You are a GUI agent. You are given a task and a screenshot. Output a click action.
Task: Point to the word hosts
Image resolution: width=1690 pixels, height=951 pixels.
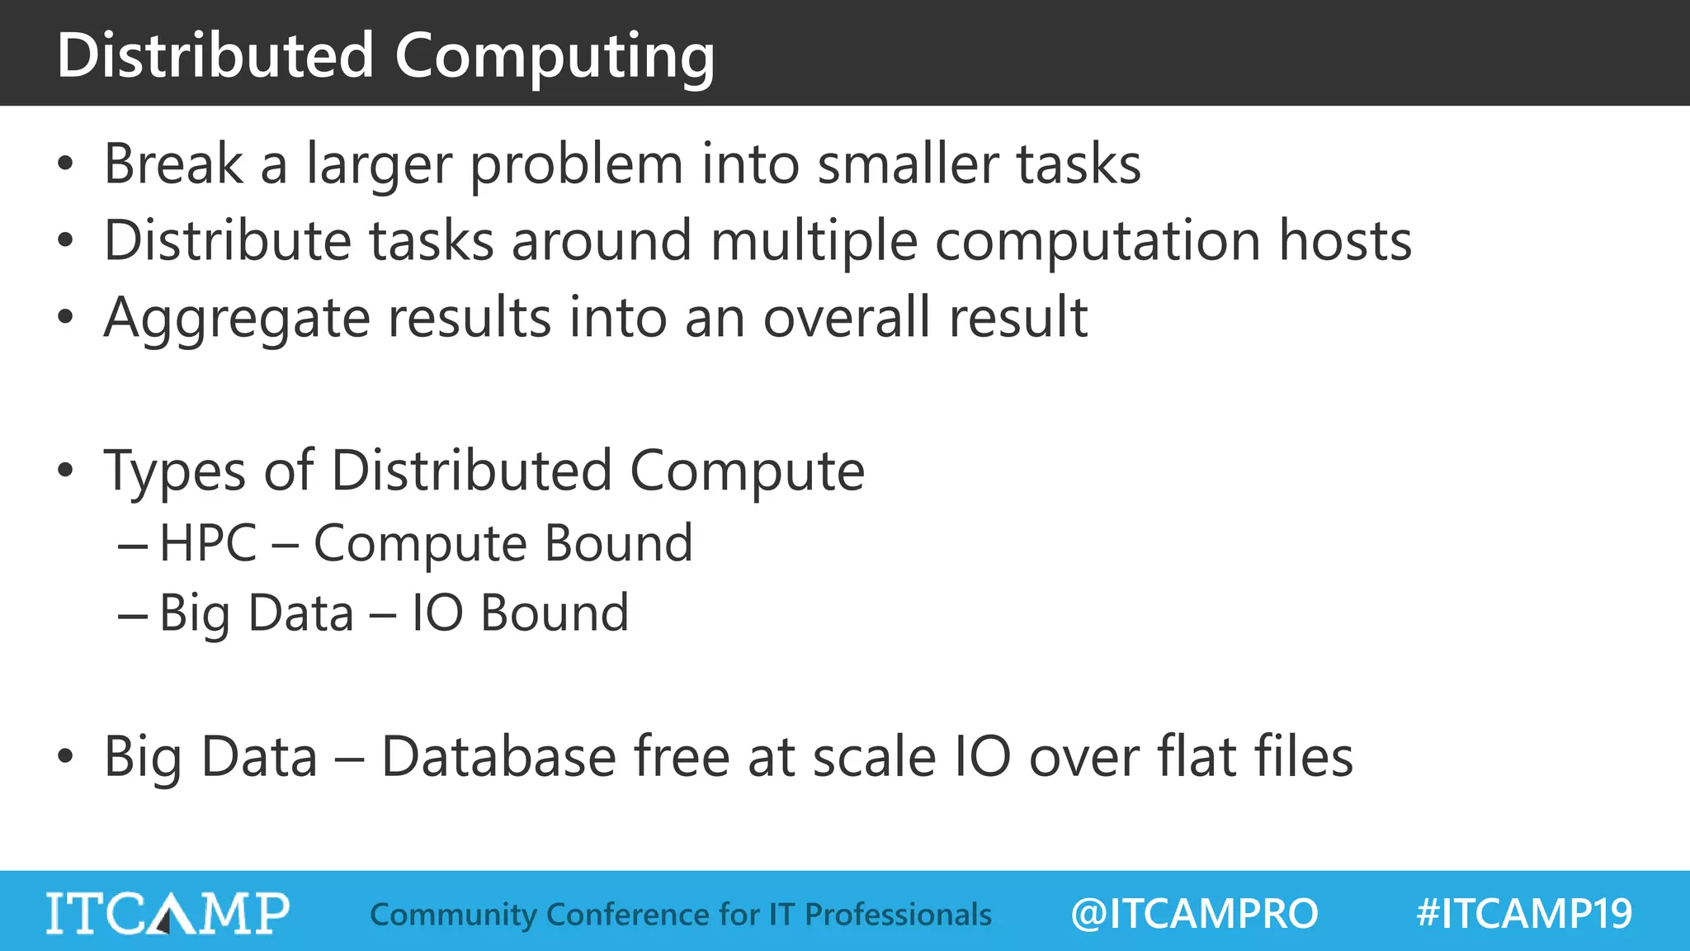click(1345, 241)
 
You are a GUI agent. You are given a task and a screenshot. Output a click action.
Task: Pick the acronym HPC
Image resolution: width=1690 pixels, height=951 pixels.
click(208, 544)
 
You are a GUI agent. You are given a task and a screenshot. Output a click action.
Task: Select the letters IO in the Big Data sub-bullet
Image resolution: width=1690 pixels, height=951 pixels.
click(437, 613)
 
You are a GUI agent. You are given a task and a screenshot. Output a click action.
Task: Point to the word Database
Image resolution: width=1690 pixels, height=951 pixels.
click(498, 757)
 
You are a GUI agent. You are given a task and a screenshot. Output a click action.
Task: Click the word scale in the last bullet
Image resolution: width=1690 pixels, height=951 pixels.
click(873, 757)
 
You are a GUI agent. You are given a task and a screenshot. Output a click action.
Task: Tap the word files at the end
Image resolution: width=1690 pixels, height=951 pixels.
click(1304, 757)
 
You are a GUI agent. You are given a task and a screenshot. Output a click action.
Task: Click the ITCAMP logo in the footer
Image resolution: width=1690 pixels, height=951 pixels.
click(168, 913)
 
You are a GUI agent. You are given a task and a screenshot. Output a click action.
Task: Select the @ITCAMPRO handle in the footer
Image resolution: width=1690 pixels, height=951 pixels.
click(1194, 914)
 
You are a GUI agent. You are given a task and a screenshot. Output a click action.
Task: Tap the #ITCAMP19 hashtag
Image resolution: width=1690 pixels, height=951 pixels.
click(1524, 914)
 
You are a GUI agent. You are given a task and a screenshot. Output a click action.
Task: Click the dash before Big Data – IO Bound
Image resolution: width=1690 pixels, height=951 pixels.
click(133, 615)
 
